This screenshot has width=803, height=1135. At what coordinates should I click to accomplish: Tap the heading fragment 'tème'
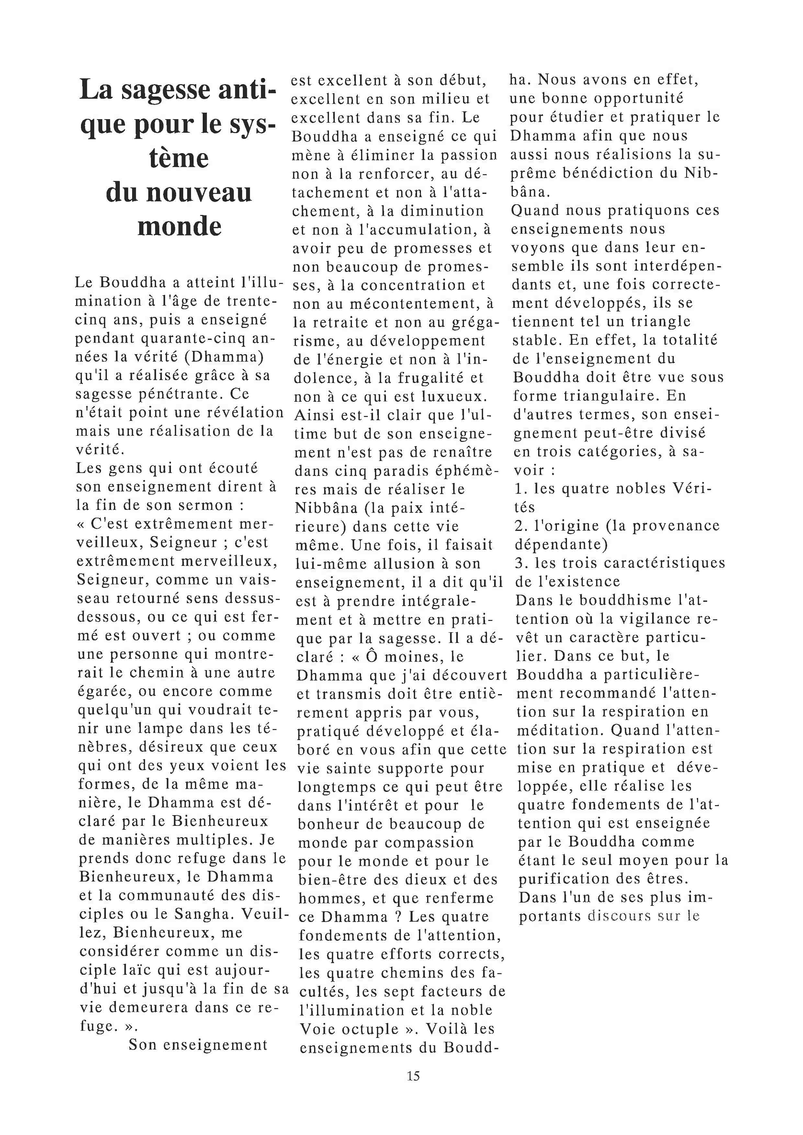click(x=178, y=158)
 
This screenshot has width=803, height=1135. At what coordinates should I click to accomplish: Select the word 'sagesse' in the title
click(x=168, y=90)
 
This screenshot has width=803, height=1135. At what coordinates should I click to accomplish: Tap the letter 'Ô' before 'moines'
click(x=372, y=657)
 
